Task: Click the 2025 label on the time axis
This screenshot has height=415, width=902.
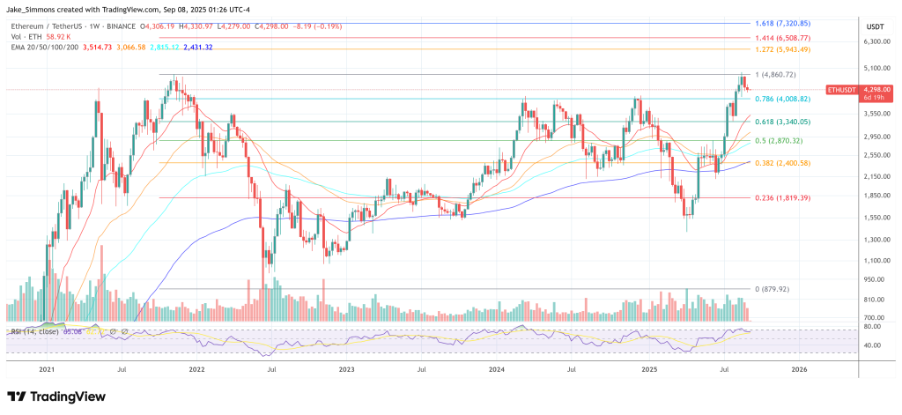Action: (x=651, y=369)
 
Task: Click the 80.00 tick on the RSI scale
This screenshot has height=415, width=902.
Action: (x=872, y=327)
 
